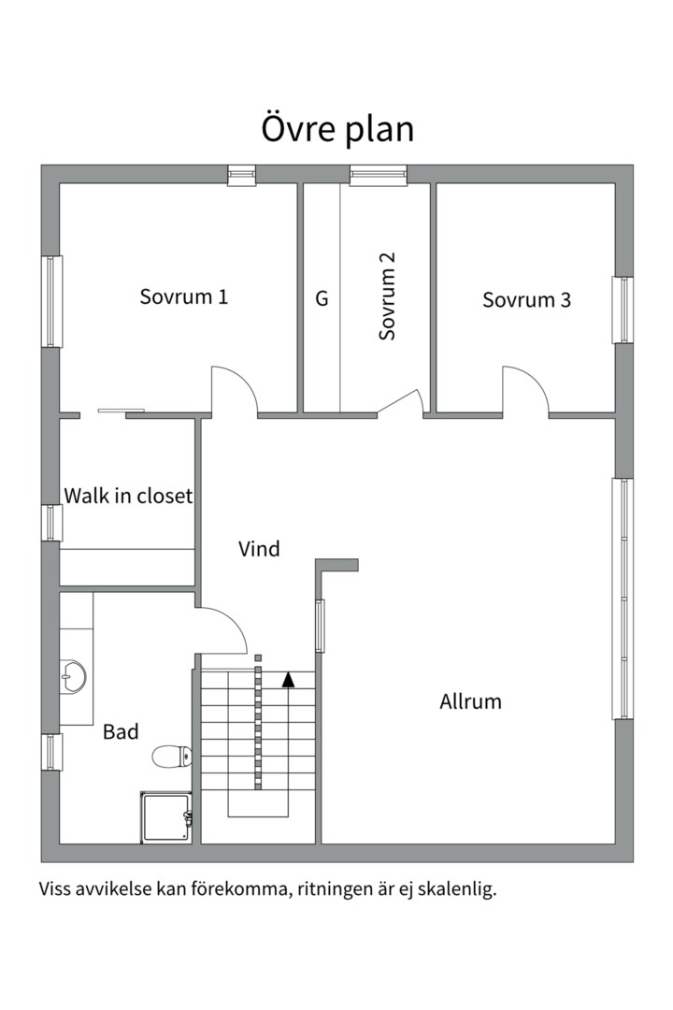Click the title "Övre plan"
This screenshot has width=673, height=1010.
click(x=336, y=129)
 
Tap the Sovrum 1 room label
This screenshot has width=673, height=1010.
click(x=183, y=297)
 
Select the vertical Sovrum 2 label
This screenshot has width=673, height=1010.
click(x=387, y=296)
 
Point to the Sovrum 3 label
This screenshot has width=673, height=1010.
click(x=527, y=300)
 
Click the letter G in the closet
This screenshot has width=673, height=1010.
click(x=322, y=298)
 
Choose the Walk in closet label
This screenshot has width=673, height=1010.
click(x=128, y=496)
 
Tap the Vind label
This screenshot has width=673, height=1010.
click(x=259, y=549)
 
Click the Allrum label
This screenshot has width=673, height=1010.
click(x=470, y=701)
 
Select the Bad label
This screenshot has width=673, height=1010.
click(x=122, y=731)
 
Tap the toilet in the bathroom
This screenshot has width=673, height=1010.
click(x=172, y=756)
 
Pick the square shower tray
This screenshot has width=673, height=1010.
click(x=165, y=816)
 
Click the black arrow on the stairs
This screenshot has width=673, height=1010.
click(x=288, y=679)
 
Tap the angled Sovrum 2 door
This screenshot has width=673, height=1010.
click(x=401, y=400)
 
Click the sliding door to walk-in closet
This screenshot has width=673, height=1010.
click(x=122, y=411)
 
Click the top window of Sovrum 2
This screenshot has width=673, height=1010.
click(x=379, y=175)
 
